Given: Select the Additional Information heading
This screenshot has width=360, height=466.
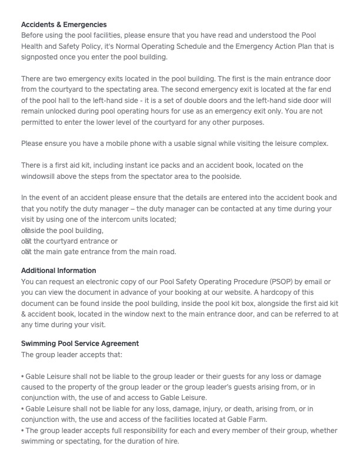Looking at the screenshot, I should click(x=58, y=271).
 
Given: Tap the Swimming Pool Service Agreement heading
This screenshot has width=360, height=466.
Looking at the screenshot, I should click(x=80, y=344).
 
